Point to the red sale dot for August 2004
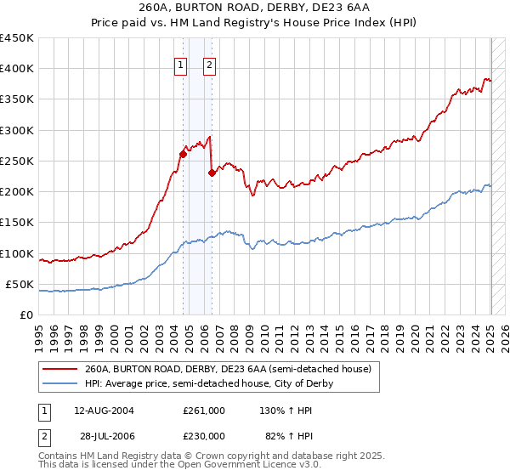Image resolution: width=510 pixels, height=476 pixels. point(183,154)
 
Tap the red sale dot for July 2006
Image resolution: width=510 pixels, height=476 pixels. point(212,173)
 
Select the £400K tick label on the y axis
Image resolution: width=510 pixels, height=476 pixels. point(17,69)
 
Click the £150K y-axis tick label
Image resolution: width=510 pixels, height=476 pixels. point(17,223)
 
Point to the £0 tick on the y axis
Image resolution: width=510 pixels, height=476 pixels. point(27,315)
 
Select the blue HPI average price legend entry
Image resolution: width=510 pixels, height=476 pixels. point(209,384)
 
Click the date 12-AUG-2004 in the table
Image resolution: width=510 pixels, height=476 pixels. point(105,411)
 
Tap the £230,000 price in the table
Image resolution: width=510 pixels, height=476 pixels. point(204,435)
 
